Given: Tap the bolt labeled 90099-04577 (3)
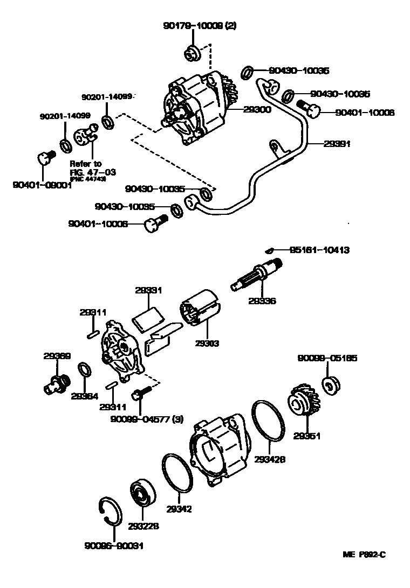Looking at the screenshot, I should pos(140,399).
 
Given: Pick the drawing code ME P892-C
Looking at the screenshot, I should pos(365,554).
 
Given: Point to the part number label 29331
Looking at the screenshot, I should pos(148,290).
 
